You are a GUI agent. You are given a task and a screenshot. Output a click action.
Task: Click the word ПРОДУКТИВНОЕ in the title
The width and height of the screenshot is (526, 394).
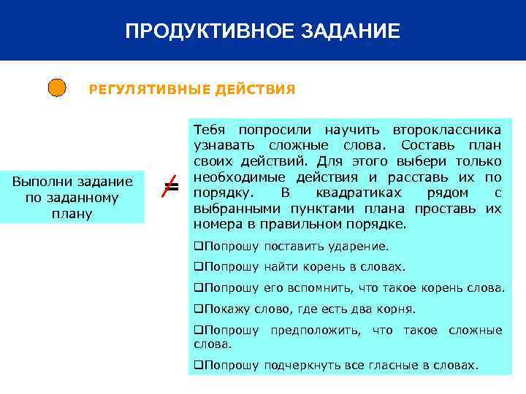pyautogui.click(x=206, y=31)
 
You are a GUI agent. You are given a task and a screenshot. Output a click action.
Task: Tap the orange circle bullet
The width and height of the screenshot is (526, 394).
pyautogui.click(x=57, y=89)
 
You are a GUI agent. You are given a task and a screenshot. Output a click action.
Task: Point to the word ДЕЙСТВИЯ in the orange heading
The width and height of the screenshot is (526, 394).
pyautogui.click(x=255, y=90)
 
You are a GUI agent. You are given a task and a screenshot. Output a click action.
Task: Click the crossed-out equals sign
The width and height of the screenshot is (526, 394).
pyautogui.click(x=170, y=188)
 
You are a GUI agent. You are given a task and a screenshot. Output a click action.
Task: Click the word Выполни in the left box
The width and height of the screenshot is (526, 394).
pyautogui.click(x=43, y=182)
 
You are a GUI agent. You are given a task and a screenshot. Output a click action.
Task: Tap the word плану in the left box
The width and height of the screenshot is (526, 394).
pyautogui.click(x=71, y=214)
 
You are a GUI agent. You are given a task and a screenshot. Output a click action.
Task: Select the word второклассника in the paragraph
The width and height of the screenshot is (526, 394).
pyautogui.click(x=446, y=129)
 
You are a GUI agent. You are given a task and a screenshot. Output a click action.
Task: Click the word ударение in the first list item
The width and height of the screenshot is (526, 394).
pyautogui.click(x=362, y=247)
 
